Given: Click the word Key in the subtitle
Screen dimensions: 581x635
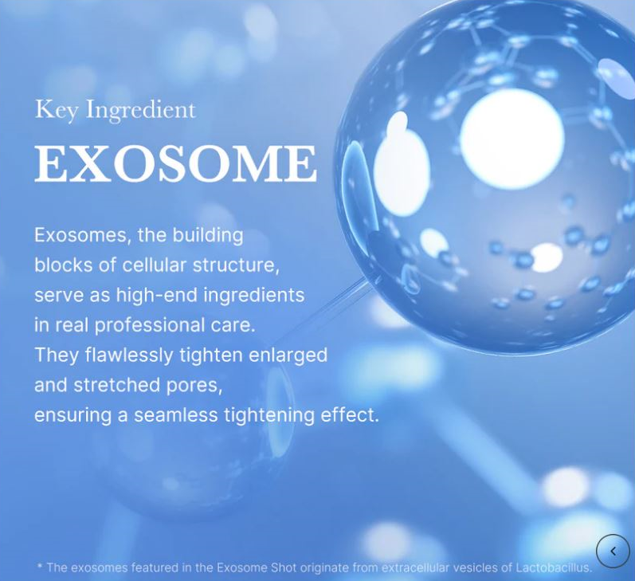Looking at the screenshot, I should (56, 109).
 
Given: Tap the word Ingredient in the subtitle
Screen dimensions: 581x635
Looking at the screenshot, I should (140, 110).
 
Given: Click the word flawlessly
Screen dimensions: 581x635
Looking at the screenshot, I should (129, 355).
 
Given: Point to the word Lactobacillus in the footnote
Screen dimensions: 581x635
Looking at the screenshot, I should (553, 567).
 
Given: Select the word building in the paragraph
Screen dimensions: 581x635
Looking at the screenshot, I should (206, 236).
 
